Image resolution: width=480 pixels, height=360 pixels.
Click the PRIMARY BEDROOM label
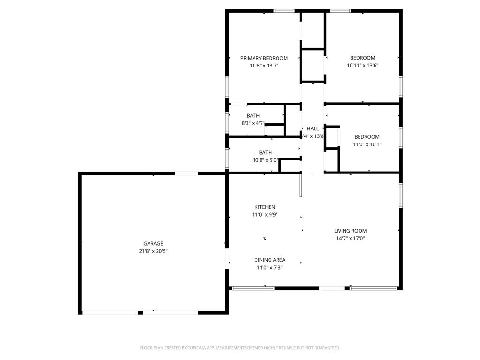tap(264, 58)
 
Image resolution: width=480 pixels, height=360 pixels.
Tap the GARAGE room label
tap(153, 243)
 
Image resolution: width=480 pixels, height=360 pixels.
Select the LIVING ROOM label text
tap(350, 231)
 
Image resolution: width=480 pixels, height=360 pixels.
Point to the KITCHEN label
tap(265, 207)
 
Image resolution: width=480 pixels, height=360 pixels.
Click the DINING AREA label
tap(270, 260)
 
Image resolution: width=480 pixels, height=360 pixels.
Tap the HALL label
tap(313, 128)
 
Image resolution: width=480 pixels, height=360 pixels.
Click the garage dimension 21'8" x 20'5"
tap(153, 251)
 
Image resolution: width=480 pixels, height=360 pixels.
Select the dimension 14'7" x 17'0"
tap(350, 238)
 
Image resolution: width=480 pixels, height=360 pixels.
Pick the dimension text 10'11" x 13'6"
tap(362, 66)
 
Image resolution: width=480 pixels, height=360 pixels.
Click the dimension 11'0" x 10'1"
tap(367, 144)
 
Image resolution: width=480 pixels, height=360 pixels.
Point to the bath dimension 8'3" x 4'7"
tap(253, 123)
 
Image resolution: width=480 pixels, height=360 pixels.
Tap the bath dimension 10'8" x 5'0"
tap(265, 160)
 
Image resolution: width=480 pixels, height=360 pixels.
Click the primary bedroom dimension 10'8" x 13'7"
tap(264, 66)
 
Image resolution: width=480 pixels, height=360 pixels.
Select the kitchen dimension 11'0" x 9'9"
tap(265, 215)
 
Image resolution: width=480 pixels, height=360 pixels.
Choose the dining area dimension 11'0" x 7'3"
tap(270, 267)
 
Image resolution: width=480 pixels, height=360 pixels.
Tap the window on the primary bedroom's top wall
tap(284, 11)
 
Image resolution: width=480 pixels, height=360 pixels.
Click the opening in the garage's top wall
tap(187, 173)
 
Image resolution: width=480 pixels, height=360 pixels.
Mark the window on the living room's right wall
tap(400, 195)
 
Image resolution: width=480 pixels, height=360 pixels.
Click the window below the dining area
tap(253, 288)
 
